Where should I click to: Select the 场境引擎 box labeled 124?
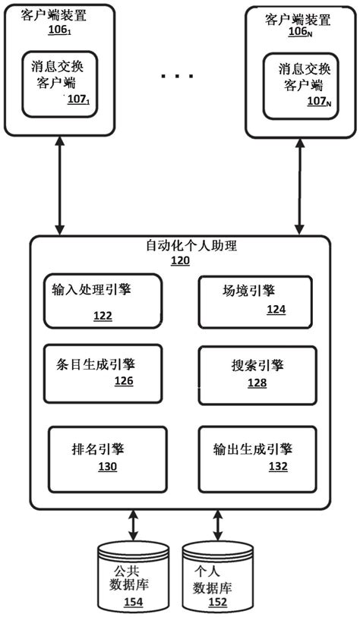point(254,301)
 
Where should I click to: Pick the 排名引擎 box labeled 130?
point(107,457)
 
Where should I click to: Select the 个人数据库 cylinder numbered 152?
point(217,578)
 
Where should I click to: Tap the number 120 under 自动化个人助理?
point(180,260)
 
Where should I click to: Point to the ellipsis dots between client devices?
point(178,77)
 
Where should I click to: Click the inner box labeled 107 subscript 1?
point(65,83)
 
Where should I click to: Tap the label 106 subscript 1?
point(60,31)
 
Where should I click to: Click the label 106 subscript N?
point(298,31)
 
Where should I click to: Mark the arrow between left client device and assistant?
point(60,186)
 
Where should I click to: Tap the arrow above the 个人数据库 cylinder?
point(217,524)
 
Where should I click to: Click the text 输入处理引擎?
point(90,289)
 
